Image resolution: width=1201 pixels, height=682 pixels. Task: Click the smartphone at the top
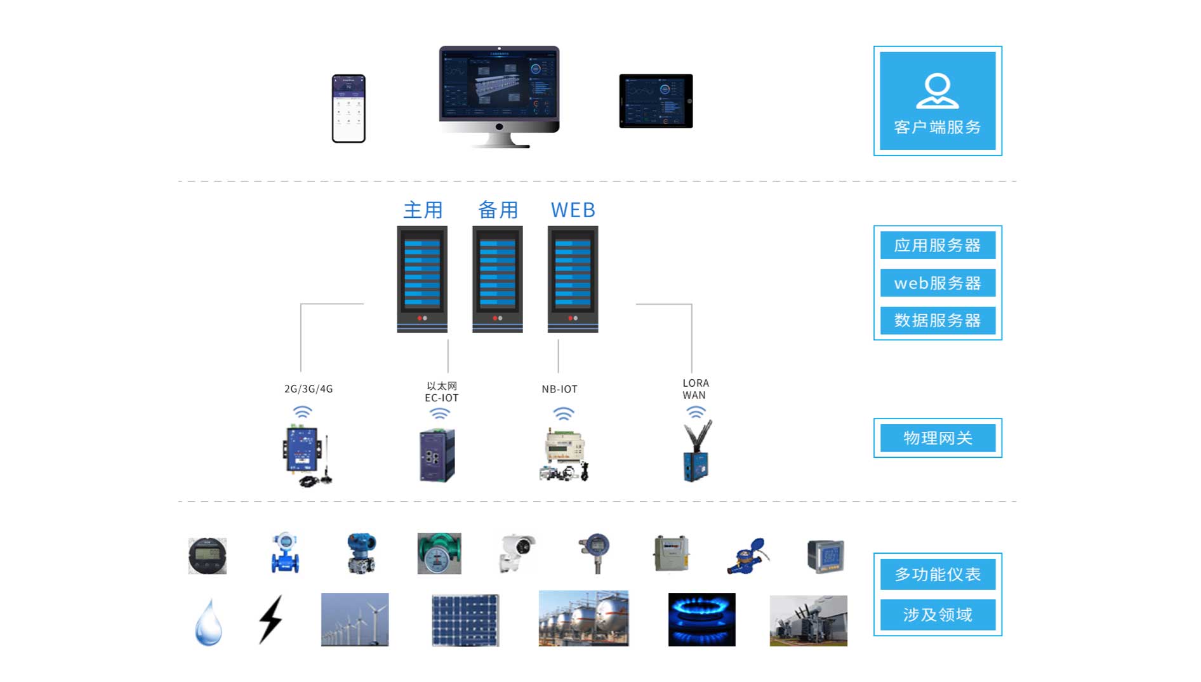coord(348,109)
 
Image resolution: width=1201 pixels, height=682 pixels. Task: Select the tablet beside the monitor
coord(656,101)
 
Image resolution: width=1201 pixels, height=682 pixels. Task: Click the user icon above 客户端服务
coord(937,91)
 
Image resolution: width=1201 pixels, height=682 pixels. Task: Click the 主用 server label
coord(423,210)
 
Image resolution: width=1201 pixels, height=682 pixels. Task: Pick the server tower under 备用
coord(498,279)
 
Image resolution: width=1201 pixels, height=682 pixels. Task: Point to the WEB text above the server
coord(573,210)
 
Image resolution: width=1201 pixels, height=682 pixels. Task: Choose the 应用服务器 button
coord(937,245)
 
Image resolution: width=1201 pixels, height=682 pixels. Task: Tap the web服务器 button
coord(937,283)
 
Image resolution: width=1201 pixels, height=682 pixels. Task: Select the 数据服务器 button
coord(937,320)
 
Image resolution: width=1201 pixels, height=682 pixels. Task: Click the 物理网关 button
coord(937,438)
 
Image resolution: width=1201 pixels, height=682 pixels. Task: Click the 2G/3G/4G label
coord(309,389)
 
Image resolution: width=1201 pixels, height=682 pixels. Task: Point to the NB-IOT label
coord(559,389)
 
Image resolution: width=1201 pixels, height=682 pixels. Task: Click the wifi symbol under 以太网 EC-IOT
coord(439,414)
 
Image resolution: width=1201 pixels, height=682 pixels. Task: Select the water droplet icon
coord(208,622)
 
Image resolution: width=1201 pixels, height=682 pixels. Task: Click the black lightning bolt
coord(271,619)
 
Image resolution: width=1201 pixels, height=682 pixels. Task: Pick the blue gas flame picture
coord(701,619)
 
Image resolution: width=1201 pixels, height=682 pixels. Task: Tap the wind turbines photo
coord(355,619)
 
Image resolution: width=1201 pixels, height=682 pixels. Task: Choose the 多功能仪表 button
coord(937,574)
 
